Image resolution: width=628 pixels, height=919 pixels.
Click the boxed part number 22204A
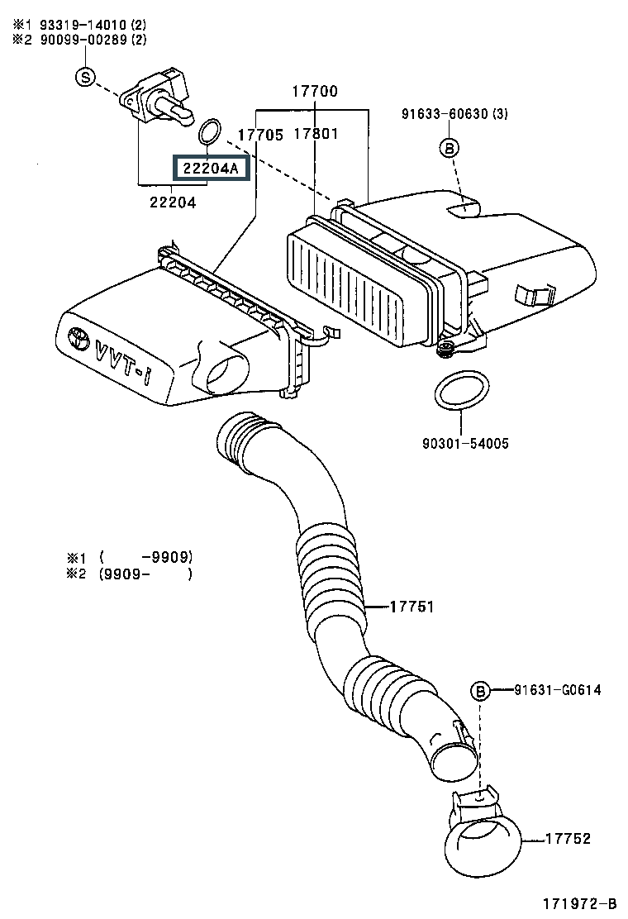[211, 169]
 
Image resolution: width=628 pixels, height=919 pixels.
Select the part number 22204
[173, 202]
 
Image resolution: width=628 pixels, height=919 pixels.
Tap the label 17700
[315, 91]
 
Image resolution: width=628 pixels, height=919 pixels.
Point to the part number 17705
[260, 135]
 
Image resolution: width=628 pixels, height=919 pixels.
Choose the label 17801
[316, 134]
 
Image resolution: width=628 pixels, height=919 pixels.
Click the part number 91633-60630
[445, 113]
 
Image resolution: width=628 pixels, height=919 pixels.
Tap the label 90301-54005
[466, 443]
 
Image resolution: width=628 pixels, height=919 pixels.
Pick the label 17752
[568, 839]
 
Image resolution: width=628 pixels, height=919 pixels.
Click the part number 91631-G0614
[558, 690]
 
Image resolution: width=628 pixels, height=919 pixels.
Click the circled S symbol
[86, 77]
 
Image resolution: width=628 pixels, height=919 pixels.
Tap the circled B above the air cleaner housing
[449, 148]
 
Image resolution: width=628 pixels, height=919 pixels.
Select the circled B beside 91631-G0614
[480, 692]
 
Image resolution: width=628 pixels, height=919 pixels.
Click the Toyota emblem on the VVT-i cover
[78, 337]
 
